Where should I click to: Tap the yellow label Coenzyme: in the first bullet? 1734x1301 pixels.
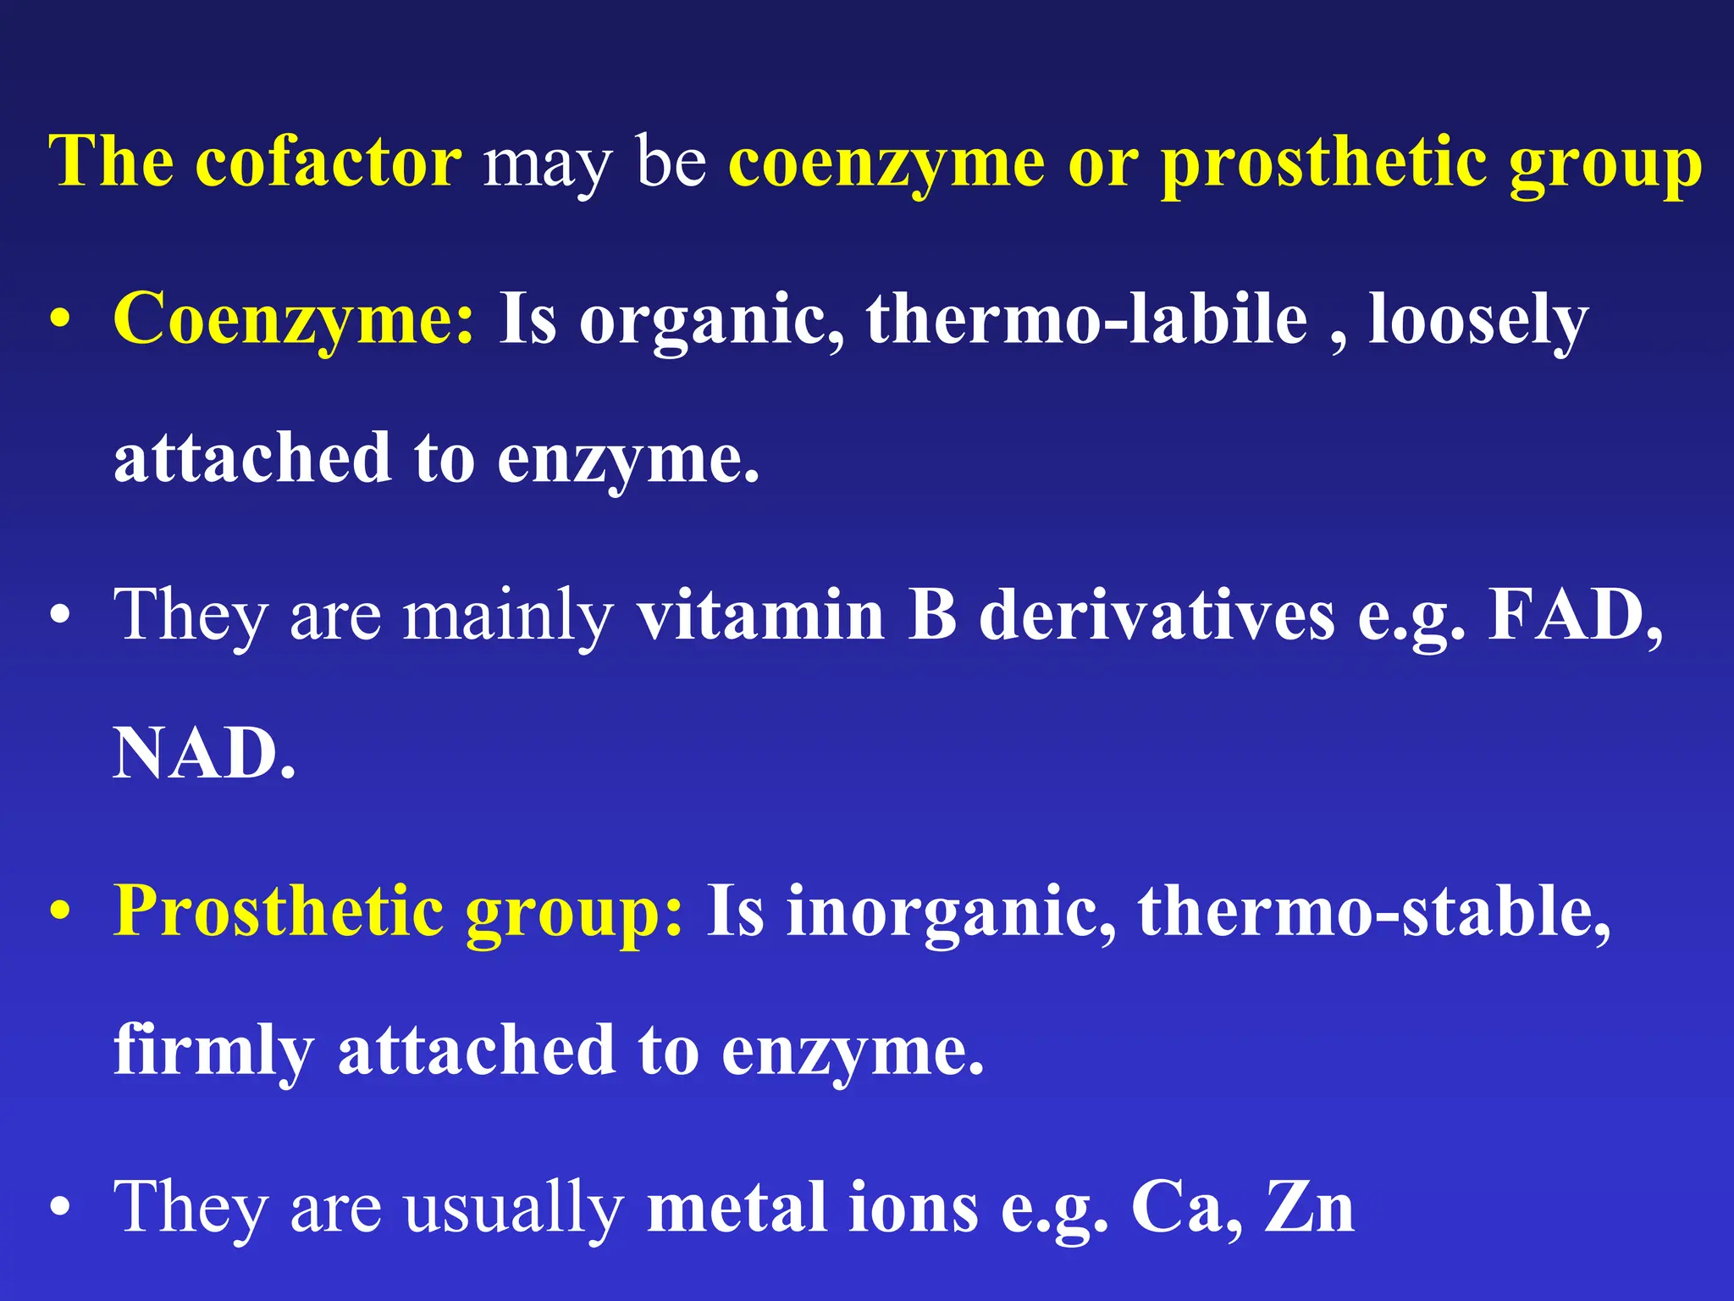pyautogui.click(x=294, y=320)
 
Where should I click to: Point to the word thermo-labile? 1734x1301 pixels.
pyautogui.click(x=1086, y=318)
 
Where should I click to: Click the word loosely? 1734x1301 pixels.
pyautogui.click(x=1477, y=320)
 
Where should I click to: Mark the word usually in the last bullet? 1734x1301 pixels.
pyautogui.click(x=513, y=1210)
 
